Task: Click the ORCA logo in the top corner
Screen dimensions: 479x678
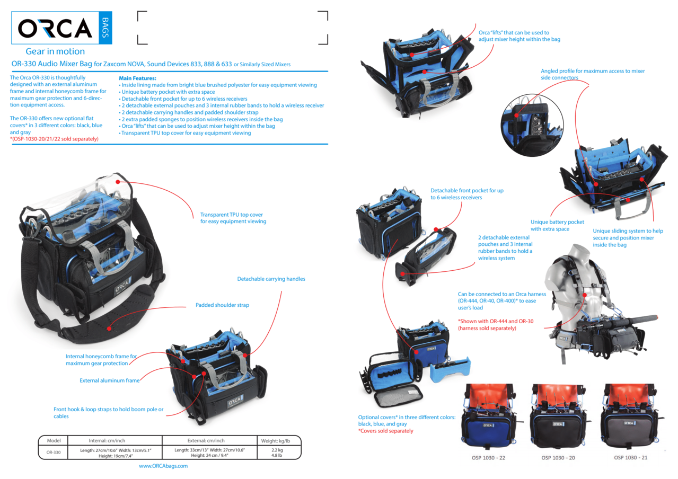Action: [61, 28]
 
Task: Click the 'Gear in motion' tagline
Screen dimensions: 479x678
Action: [55, 51]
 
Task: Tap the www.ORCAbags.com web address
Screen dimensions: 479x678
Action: [163, 466]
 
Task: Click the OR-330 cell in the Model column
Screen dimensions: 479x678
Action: [54, 453]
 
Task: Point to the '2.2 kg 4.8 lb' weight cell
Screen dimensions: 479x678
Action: [277, 453]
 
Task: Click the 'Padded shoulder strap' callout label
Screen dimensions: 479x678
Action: [222, 305]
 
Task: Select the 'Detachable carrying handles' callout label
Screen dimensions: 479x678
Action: [271, 279]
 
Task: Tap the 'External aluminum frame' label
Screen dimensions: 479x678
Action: [110, 380]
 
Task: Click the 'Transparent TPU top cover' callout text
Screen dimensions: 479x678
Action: [233, 218]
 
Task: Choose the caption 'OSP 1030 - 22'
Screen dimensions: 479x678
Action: [488, 457]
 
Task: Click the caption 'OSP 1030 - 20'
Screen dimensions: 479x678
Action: [558, 457]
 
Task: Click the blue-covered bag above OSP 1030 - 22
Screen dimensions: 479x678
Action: [488, 415]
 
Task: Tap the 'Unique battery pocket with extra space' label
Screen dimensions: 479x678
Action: [557, 225]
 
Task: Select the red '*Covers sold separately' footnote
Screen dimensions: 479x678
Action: [385, 431]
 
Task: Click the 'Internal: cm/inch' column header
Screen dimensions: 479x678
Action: [100, 440]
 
